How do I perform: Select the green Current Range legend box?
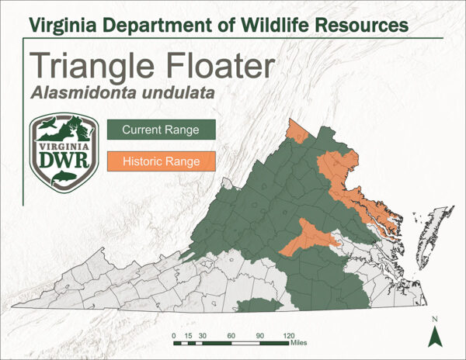(x=161, y=130)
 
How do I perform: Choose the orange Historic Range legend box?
(x=161, y=161)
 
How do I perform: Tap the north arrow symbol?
(x=436, y=336)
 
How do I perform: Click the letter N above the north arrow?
(x=436, y=319)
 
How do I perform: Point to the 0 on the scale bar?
(x=173, y=335)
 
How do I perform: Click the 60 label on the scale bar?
(x=231, y=335)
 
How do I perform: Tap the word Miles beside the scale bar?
(x=301, y=342)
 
